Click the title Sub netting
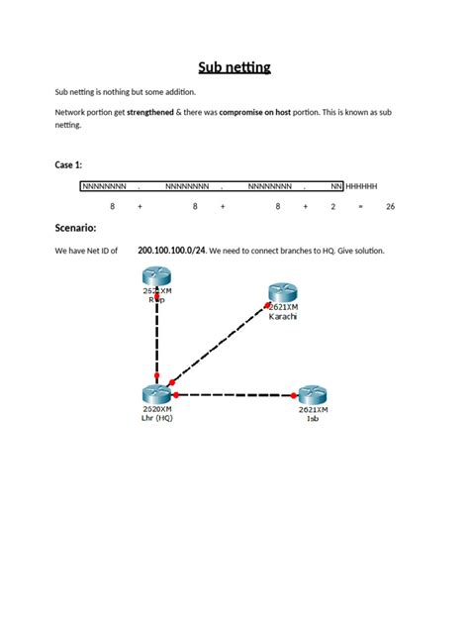click(x=234, y=67)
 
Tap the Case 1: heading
click(x=69, y=164)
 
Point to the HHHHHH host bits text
click(x=361, y=185)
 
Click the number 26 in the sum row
click(x=390, y=206)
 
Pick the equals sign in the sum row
click(x=361, y=206)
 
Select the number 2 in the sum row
click(x=333, y=206)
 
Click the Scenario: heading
click(x=75, y=229)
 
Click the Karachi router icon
click(x=282, y=293)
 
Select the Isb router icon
click(x=313, y=393)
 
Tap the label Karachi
click(x=283, y=317)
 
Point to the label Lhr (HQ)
click(x=156, y=417)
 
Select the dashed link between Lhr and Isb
click(x=235, y=394)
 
